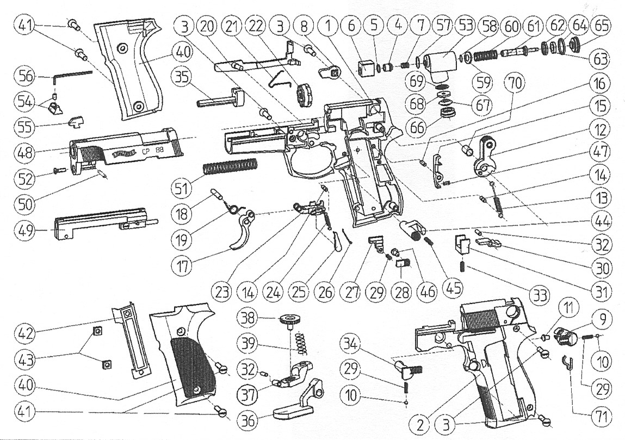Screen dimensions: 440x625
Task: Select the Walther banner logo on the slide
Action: tap(122, 154)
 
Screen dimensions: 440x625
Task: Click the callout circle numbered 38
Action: tap(251, 320)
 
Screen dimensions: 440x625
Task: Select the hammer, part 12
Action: tap(486, 157)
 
